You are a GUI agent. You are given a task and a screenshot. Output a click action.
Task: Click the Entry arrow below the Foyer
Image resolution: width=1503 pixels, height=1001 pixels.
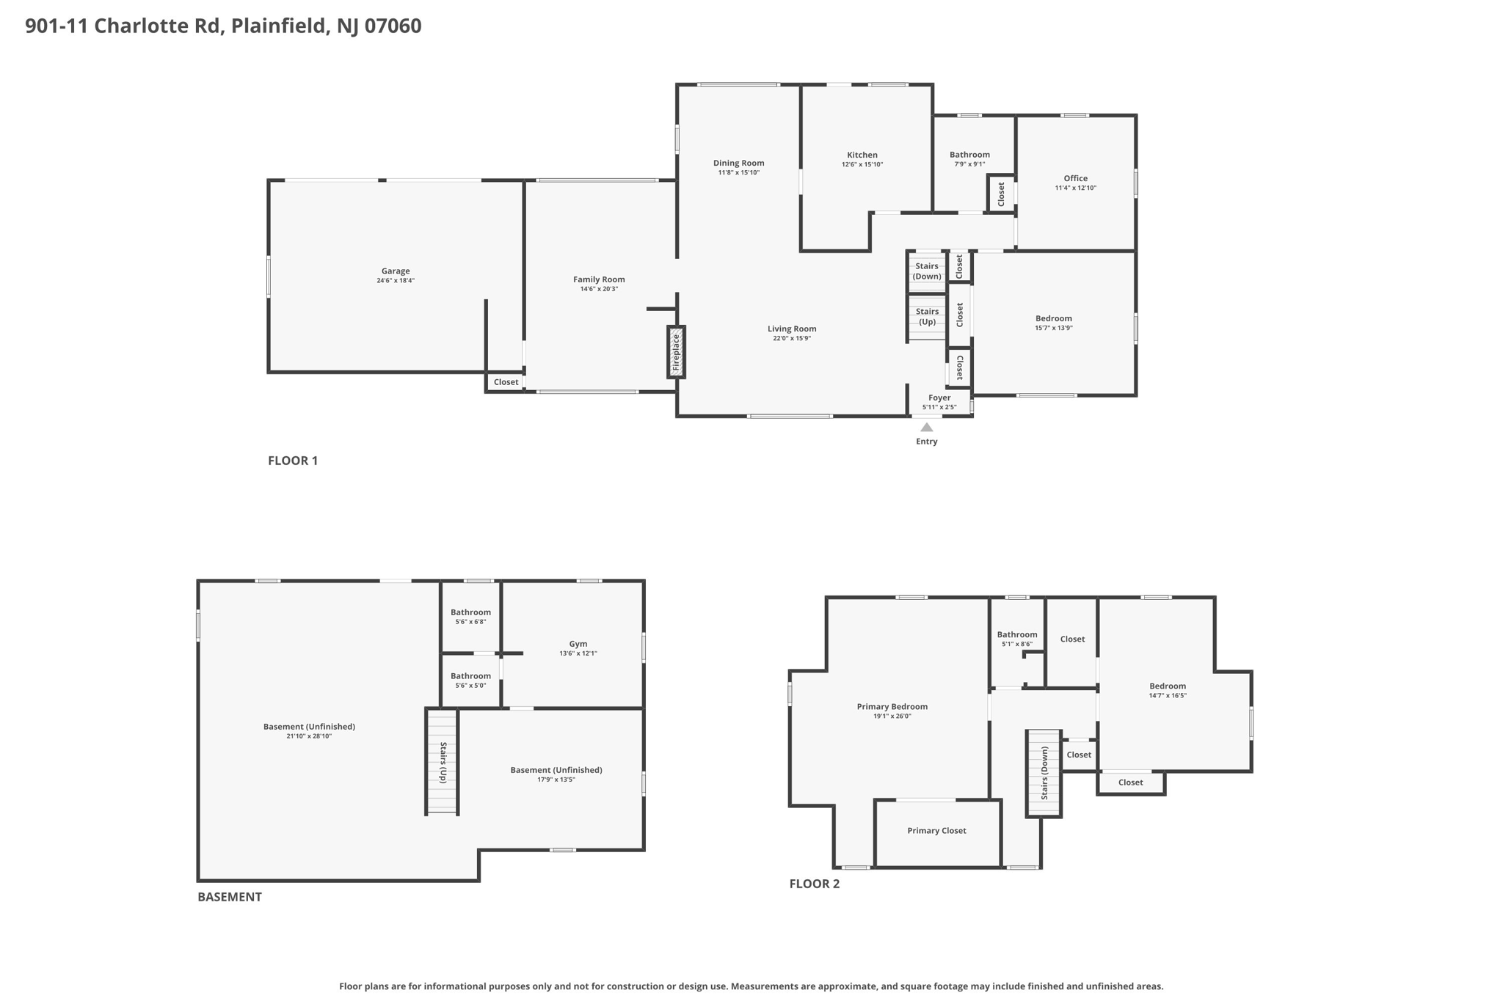(x=927, y=428)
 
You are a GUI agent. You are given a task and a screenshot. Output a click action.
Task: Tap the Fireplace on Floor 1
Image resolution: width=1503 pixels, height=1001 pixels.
(x=676, y=352)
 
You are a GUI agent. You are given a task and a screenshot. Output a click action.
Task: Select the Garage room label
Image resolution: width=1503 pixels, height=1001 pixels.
(x=396, y=271)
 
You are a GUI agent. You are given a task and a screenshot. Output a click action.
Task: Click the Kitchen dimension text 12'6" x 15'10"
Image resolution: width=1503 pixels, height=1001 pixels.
(x=862, y=164)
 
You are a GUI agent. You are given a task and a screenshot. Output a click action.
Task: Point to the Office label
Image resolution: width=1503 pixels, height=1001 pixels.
(x=1076, y=178)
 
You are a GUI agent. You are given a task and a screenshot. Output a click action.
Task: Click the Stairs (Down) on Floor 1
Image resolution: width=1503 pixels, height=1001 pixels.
(x=927, y=271)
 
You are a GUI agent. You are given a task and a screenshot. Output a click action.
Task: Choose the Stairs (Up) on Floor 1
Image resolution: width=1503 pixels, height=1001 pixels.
(x=927, y=317)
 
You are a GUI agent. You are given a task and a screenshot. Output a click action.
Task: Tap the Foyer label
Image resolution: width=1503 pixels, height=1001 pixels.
(x=939, y=397)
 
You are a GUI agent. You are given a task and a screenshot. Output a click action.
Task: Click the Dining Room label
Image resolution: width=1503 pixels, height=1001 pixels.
(x=739, y=163)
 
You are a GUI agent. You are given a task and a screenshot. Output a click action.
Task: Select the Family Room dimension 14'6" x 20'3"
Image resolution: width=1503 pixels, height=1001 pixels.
(x=599, y=289)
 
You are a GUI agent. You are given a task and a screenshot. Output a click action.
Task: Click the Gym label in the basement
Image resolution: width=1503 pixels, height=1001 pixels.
(x=578, y=644)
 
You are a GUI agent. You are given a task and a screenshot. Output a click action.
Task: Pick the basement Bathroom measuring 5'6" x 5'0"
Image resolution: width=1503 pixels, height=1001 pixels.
(x=470, y=681)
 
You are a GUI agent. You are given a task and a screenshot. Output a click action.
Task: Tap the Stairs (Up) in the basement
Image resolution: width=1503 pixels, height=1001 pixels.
(x=443, y=761)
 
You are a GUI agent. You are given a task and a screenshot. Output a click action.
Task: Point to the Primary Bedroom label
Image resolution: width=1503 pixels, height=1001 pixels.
(x=892, y=706)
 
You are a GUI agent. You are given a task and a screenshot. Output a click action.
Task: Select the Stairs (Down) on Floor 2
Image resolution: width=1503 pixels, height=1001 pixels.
(x=1044, y=773)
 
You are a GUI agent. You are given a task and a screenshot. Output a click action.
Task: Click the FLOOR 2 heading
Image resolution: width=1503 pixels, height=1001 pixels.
(x=815, y=884)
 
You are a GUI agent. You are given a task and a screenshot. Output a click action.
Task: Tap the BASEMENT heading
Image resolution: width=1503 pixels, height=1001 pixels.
(x=230, y=896)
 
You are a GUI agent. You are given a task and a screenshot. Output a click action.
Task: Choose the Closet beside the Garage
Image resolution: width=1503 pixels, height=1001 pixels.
(x=506, y=382)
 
